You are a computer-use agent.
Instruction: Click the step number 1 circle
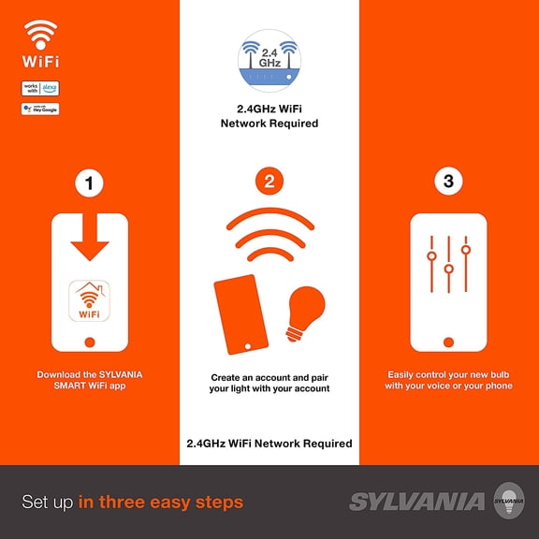tap(90, 183)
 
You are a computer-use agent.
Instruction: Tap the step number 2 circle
tap(269, 183)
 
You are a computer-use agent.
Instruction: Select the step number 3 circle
tap(448, 183)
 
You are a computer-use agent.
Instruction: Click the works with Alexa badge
tap(39, 89)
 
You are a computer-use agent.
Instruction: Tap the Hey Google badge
tap(39, 109)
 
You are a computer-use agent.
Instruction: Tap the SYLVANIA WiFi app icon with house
tap(90, 301)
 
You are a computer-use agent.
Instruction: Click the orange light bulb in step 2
tap(305, 309)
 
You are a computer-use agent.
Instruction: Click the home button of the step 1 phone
tap(90, 342)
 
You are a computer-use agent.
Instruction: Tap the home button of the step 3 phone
tap(448, 342)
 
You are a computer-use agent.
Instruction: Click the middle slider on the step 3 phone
tap(448, 269)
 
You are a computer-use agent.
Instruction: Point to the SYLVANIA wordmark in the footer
tap(416, 502)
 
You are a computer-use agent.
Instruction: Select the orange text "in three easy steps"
tap(160, 503)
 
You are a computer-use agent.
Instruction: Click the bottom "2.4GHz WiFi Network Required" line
tap(269, 443)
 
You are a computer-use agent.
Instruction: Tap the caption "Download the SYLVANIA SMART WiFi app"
tap(90, 381)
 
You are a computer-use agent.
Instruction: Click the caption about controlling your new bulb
tap(448, 381)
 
